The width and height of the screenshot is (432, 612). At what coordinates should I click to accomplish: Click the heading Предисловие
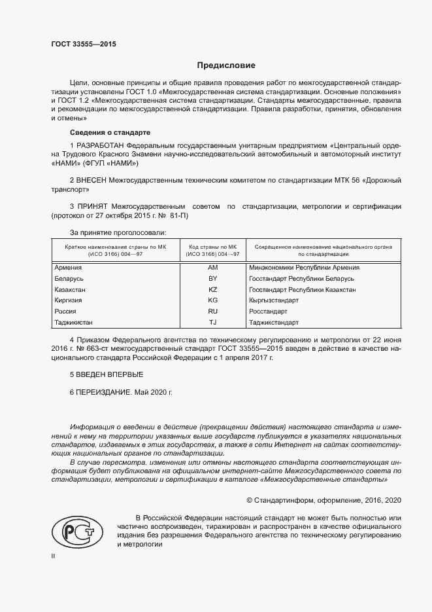227,65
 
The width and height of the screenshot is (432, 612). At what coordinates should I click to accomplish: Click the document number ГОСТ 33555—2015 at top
83,44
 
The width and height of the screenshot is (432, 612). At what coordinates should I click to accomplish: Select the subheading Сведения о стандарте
101,132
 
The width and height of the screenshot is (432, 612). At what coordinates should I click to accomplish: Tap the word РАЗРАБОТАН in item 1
100,144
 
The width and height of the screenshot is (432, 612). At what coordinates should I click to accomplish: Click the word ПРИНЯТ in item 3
93,207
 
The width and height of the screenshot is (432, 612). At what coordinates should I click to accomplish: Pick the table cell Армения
68,268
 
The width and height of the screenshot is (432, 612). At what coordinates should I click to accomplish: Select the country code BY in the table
212,279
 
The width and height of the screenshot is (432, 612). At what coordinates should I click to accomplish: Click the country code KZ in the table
212,289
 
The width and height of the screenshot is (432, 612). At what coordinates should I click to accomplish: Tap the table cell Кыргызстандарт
274,300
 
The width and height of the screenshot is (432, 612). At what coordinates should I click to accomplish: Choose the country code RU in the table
212,312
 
